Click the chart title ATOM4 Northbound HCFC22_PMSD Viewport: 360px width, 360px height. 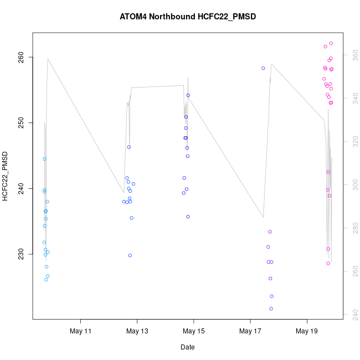tap(188, 17)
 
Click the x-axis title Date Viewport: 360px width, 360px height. tap(187, 347)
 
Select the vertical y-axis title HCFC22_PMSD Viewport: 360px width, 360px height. tap(6, 176)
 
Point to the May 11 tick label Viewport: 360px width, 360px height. tap(81, 331)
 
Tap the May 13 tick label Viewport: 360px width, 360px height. tap(137, 331)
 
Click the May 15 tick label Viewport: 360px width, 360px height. tap(194, 331)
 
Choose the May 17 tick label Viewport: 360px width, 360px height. tap(250, 331)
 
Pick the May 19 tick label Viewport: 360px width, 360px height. tap(307, 331)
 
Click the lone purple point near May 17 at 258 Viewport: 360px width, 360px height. tap(263, 68)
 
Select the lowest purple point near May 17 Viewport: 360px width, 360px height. tap(271, 308)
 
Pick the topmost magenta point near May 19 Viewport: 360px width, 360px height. tap(331, 43)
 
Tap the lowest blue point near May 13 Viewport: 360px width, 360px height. tap(130, 255)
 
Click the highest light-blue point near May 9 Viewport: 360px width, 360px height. tap(44, 159)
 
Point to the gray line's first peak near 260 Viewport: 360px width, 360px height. tap(48, 59)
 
